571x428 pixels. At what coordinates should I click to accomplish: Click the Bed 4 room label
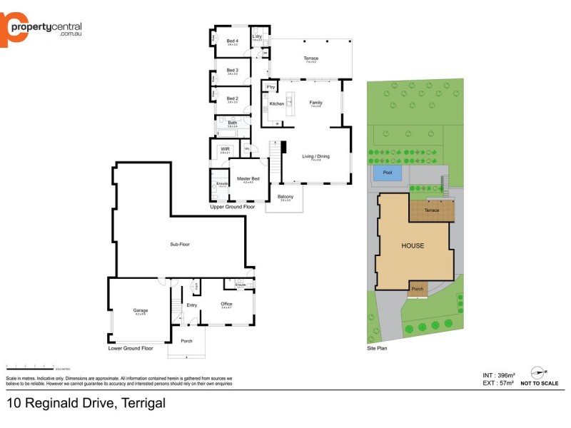[232, 41]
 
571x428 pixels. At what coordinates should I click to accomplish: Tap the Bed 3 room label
[232, 70]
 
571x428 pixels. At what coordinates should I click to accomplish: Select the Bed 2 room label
[232, 98]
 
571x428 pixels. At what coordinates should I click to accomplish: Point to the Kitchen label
[276, 103]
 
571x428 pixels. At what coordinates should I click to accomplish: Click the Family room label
[315, 103]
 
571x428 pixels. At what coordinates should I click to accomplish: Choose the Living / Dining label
[315, 156]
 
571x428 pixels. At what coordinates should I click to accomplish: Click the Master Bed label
[248, 178]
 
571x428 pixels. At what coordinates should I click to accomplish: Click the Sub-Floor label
[180, 244]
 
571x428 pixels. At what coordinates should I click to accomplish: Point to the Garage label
[140, 310]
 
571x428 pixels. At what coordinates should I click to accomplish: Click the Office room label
[226, 304]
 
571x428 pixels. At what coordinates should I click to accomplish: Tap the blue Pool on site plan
[387, 173]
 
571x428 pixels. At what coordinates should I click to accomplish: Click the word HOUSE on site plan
[412, 246]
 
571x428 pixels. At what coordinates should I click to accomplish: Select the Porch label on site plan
[418, 290]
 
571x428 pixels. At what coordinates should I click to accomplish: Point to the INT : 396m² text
[497, 374]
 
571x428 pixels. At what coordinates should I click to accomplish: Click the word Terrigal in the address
[142, 403]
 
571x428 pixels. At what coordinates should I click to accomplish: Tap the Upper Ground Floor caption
[232, 206]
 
